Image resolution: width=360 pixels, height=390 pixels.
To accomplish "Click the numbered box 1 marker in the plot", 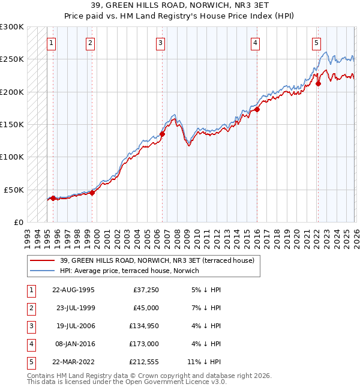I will point(52,43).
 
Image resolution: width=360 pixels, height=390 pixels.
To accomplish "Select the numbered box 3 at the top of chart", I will point(161,43).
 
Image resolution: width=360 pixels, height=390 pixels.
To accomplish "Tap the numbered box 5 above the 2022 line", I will point(316,43).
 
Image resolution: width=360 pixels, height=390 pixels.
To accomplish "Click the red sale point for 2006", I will point(162,134).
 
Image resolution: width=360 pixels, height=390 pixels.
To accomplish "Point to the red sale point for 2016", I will point(256,109).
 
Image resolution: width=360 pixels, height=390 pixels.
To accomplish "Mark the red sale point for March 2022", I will point(318,84).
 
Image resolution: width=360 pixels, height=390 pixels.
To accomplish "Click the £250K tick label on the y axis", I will point(12,59).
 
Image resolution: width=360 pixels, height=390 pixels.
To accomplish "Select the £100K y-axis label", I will point(12,157).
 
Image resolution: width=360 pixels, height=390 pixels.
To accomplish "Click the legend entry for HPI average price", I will point(133,271).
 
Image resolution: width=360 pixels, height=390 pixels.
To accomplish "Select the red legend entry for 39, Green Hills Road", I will point(157,260).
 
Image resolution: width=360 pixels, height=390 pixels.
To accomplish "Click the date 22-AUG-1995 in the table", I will point(73,290).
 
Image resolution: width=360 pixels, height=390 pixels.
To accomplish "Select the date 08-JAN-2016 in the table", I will point(73,344).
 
